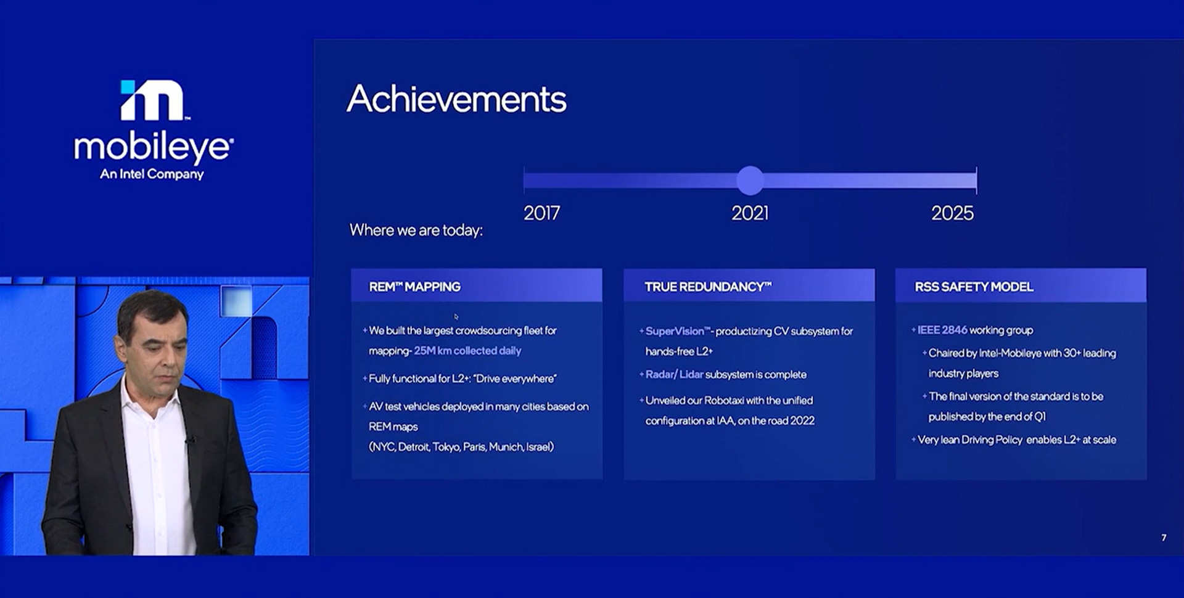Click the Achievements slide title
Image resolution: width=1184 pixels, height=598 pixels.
click(456, 99)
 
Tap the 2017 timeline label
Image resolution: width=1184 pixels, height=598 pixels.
click(541, 213)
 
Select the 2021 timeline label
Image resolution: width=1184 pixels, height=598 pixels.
click(750, 213)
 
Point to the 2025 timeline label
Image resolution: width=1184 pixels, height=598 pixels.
click(952, 213)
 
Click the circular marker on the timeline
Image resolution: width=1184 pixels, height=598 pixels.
click(750, 181)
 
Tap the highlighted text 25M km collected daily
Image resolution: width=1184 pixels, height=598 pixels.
click(467, 351)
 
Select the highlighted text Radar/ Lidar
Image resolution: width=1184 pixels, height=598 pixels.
click(674, 374)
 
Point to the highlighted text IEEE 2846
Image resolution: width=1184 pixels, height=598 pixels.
click(942, 330)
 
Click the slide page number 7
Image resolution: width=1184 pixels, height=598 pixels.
click(1164, 538)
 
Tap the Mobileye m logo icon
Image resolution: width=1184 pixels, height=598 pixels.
click(153, 100)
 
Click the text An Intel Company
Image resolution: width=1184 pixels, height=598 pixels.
click(152, 174)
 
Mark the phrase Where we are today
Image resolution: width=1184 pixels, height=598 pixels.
click(416, 230)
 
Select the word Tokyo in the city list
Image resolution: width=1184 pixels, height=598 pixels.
click(446, 447)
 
